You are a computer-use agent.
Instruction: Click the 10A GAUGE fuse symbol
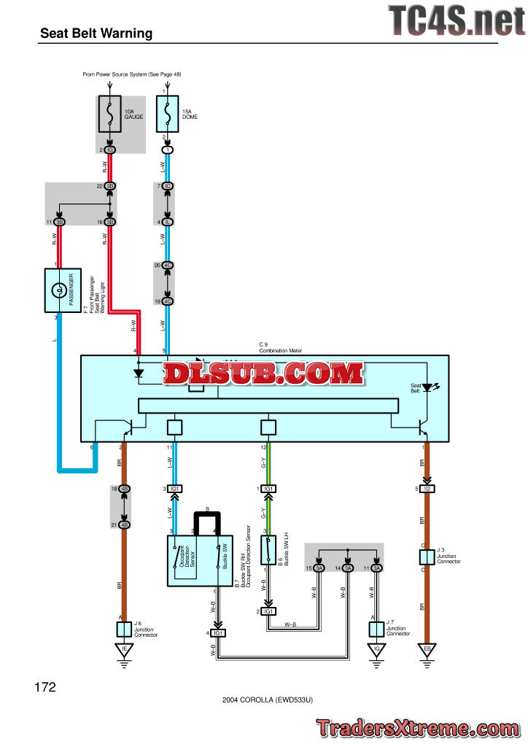point(109,113)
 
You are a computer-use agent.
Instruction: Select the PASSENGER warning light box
point(63,290)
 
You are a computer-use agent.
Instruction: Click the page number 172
point(45,687)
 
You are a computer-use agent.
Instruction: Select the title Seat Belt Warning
point(96,33)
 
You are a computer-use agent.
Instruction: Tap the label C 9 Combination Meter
point(280,347)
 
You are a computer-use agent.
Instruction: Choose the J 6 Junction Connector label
point(145,630)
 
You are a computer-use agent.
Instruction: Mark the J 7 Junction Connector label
point(397,629)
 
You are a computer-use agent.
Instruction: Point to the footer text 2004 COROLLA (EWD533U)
point(268,699)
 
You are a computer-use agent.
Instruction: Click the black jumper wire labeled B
point(206,519)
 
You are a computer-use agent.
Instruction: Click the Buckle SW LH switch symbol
point(268,550)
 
